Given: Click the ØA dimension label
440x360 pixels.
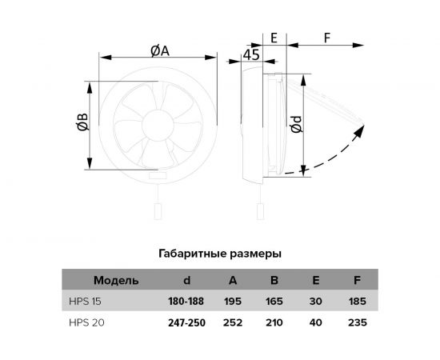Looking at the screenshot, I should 160,50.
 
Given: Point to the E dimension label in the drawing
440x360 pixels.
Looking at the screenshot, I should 274,38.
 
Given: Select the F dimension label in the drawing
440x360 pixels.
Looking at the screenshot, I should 327,38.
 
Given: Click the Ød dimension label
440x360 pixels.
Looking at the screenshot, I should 296,125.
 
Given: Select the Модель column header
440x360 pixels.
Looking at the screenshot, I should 116,280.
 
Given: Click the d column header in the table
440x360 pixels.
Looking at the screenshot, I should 186,280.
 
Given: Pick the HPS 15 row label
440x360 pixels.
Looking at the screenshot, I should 84,302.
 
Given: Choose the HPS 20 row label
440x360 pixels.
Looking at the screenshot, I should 84,323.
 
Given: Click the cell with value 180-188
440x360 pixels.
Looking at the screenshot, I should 186,302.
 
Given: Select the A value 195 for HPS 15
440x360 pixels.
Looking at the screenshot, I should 233,302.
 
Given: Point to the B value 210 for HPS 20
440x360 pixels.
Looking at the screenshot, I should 274,323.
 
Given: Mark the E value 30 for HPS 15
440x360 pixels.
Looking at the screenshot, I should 314,302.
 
